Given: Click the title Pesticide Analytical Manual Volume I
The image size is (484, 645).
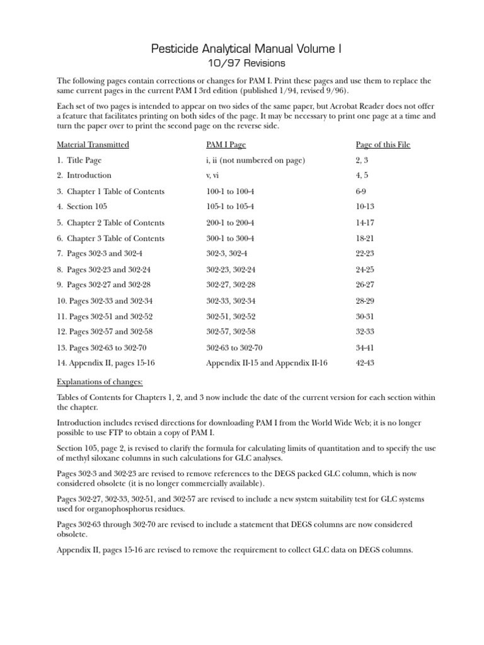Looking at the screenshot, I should pyautogui.click(x=241, y=49).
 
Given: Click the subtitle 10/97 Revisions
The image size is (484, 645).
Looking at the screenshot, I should pyautogui.click(x=241, y=63).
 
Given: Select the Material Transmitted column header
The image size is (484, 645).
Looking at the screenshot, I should pyautogui.click(x=93, y=145).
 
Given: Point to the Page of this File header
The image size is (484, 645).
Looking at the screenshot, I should pyautogui.click(x=383, y=145).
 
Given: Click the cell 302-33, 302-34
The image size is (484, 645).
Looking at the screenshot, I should pyautogui.click(x=231, y=300).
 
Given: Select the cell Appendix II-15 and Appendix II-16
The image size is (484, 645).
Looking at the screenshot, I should pyautogui.click(x=267, y=363).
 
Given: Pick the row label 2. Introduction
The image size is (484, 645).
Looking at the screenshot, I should pyautogui.click(x=84, y=176).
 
